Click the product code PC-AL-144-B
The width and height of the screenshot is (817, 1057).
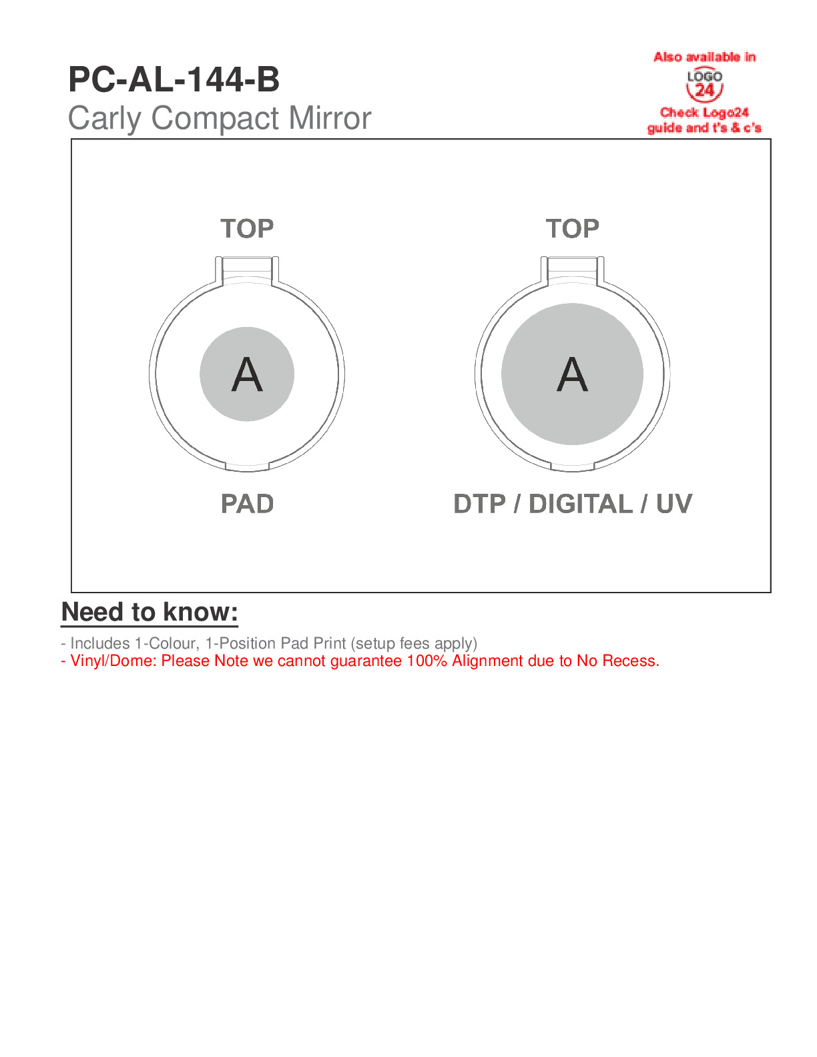174,79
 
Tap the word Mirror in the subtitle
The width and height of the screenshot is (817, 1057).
330,117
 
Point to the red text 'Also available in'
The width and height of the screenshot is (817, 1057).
704,57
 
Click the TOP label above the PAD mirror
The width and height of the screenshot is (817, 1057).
247,229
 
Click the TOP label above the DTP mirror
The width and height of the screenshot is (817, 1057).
572,229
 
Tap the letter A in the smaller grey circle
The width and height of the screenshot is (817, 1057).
247,374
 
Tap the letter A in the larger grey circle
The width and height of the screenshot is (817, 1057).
572,374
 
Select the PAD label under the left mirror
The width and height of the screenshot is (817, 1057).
247,503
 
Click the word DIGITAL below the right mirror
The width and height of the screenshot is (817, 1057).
581,503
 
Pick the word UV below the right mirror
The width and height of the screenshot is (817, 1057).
674,503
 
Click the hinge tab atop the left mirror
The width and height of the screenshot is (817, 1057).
247,270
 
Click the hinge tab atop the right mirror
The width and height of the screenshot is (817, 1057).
572,270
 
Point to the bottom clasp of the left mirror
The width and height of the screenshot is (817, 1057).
247,467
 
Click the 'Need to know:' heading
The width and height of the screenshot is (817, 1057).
150,612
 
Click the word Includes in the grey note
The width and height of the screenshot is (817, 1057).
100,643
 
